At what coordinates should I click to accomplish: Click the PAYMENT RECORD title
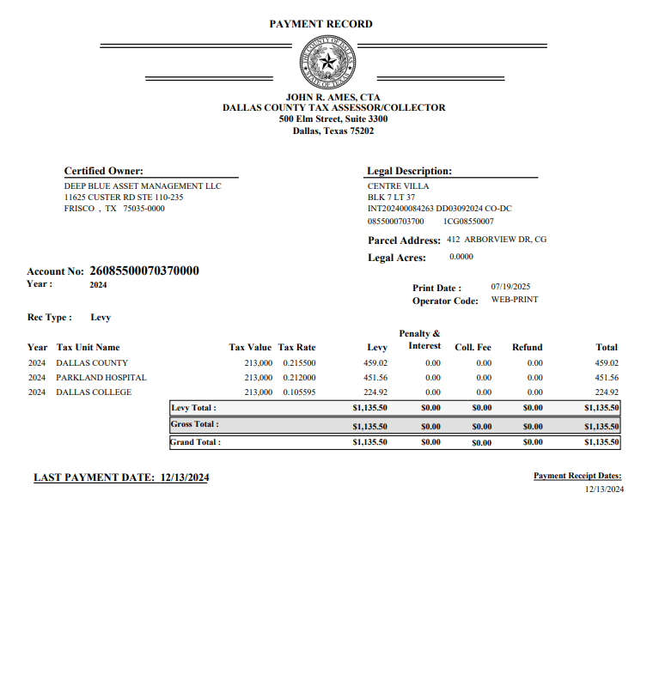(320, 24)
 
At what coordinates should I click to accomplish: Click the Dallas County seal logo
(326, 62)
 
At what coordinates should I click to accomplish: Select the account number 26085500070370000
(144, 271)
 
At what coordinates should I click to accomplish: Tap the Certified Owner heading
(104, 171)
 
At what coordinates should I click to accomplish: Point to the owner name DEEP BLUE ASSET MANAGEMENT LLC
(143, 186)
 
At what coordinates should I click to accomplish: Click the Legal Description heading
(409, 171)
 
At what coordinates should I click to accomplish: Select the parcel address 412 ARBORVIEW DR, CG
(497, 240)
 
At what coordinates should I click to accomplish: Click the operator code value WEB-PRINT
(515, 301)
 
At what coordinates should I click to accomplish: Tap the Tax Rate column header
(296, 348)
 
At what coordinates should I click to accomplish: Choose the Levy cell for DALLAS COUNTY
(376, 363)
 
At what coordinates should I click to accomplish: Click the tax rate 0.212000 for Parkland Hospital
(299, 378)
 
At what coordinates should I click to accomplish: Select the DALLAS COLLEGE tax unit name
(94, 392)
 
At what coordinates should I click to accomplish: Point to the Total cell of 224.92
(607, 392)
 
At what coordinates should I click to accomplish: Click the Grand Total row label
(196, 442)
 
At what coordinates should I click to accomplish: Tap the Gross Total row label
(195, 424)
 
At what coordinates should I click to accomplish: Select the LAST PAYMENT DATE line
(121, 477)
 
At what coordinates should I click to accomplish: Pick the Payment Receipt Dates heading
(577, 476)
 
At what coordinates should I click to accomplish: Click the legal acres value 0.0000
(461, 257)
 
